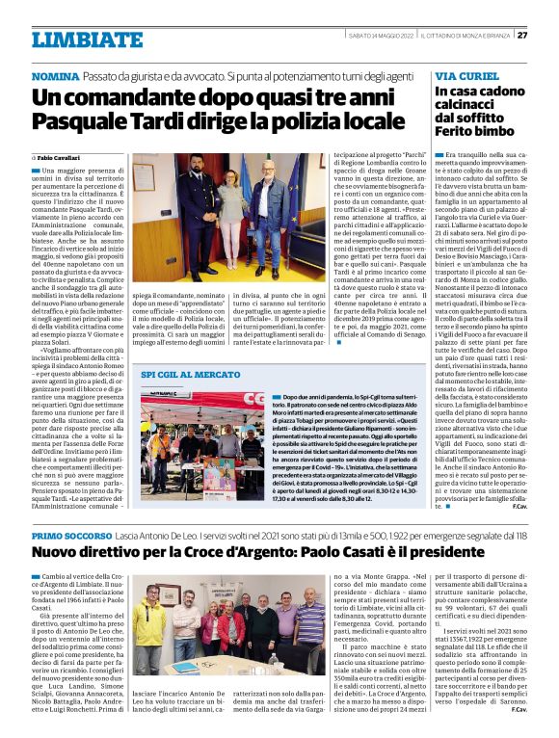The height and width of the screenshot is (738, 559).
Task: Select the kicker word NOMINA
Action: click(x=56, y=75)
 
